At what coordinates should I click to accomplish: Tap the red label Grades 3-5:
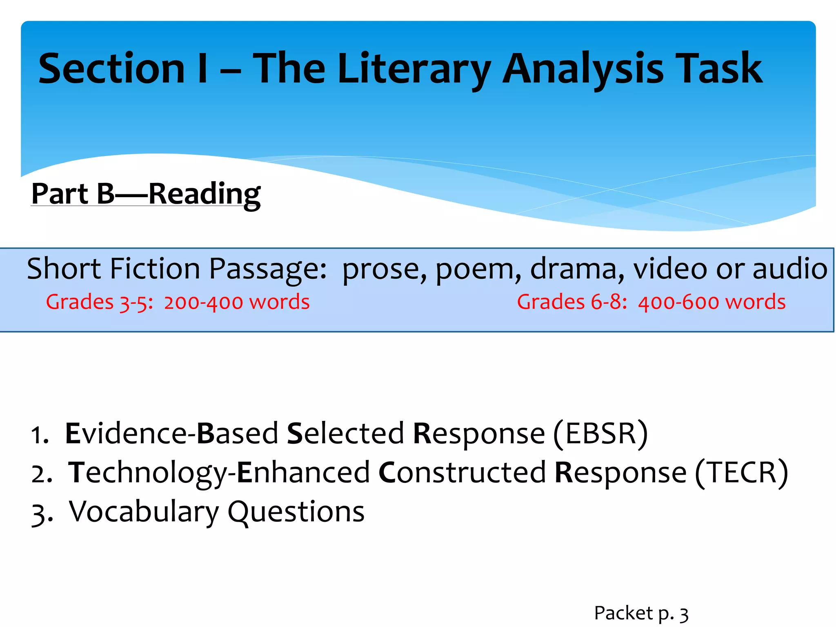coord(99,302)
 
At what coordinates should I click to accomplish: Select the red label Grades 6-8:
coord(572,302)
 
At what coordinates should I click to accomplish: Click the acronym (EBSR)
coord(600,434)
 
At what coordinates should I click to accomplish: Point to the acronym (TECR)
coord(742,473)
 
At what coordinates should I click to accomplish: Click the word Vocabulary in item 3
coord(144,511)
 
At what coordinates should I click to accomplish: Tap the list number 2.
coord(41,474)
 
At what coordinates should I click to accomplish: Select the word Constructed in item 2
coord(462,472)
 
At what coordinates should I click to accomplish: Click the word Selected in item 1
coord(345,433)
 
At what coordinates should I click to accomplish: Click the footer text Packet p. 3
coord(641,613)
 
